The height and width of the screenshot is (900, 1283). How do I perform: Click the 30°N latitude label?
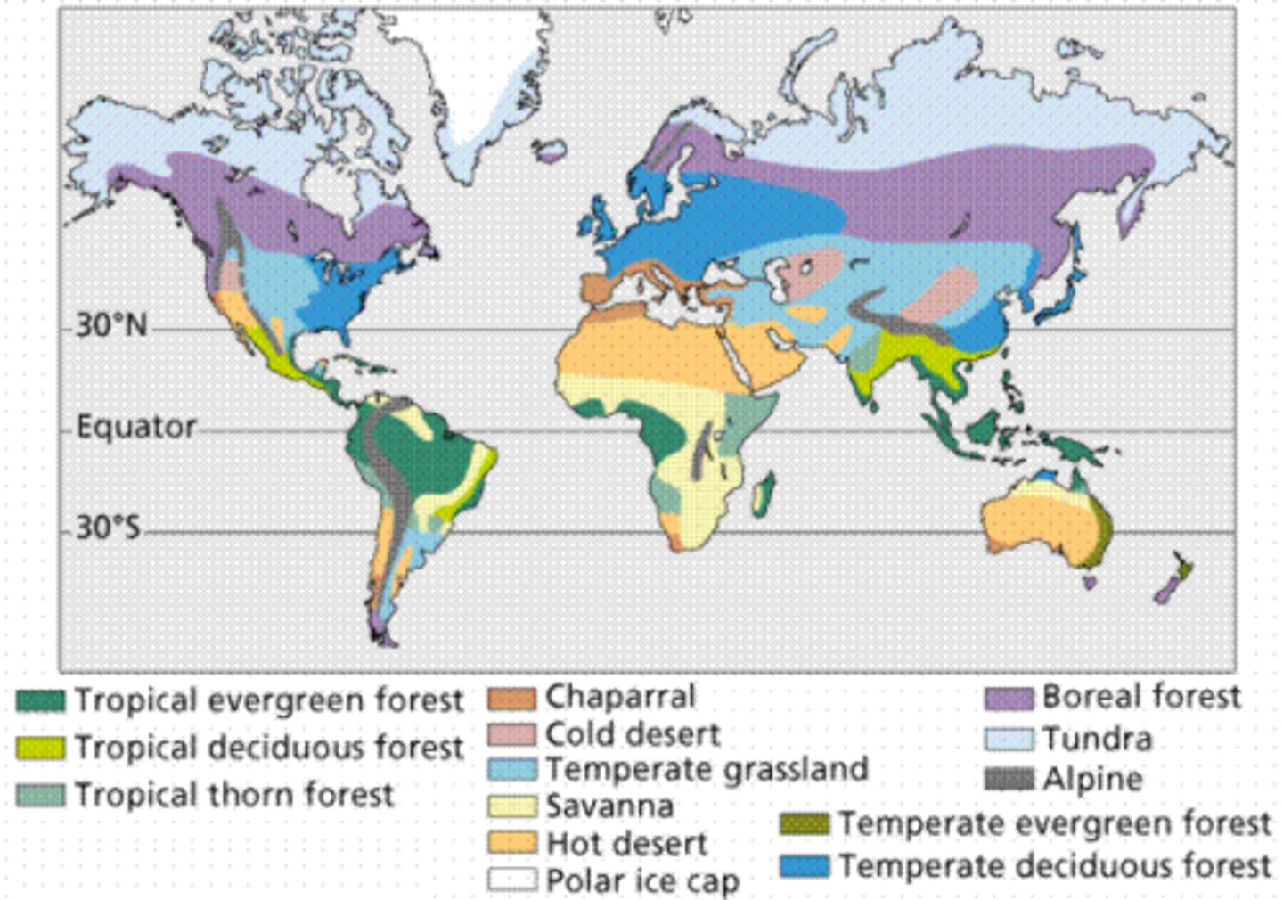[110, 325]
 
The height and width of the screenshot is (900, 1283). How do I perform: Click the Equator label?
[135, 427]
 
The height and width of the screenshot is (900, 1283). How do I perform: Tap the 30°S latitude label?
[108, 528]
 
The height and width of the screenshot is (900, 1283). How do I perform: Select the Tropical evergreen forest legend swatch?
[40, 701]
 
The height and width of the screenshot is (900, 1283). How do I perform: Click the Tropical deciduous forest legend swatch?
[40, 748]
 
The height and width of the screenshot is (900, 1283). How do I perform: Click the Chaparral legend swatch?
[512, 698]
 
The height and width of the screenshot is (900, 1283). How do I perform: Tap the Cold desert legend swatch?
[512, 734]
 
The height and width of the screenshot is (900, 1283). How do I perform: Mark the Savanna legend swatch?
[512, 806]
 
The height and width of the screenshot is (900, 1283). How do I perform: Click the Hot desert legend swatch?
[512, 843]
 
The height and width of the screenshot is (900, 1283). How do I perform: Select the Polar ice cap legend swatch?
[512, 880]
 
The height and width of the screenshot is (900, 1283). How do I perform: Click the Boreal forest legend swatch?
[1009, 698]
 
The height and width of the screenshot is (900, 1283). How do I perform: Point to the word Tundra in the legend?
[1097, 739]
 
